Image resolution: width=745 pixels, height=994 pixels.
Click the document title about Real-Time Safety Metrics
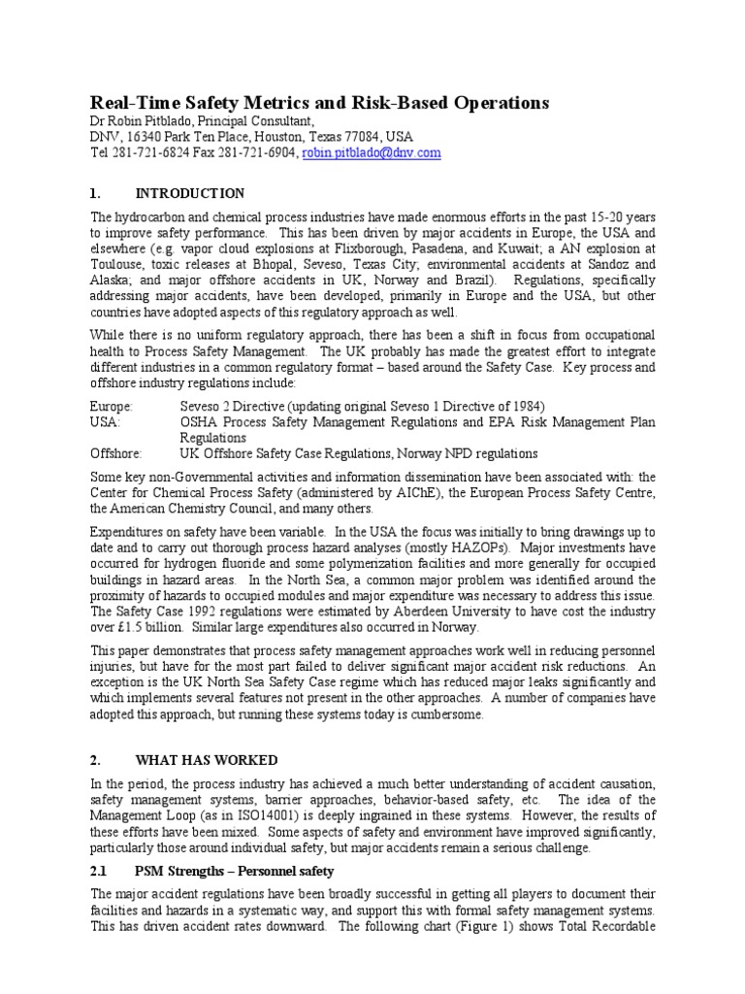click(319, 103)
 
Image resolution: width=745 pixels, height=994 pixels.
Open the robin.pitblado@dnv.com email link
click(372, 153)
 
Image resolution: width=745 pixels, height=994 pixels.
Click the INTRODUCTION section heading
click(190, 194)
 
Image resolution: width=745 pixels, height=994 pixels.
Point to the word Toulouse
click(117, 263)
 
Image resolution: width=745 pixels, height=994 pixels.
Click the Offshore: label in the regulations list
click(116, 453)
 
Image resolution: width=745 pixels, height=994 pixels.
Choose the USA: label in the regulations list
click(106, 421)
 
